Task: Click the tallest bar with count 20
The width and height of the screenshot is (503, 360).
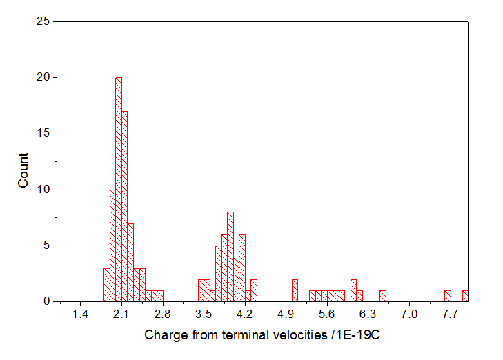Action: (x=119, y=190)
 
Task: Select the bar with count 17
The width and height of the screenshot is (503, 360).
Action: (x=124, y=206)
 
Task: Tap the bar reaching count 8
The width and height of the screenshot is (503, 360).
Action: (x=230, y=257)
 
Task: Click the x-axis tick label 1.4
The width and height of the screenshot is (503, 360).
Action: (x=81, y=314)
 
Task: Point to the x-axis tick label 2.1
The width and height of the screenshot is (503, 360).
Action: (x=121, y=314)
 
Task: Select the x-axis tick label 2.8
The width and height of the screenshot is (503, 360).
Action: (x=163, y=314)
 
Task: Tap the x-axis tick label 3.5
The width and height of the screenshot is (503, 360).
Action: (x=204, y=314)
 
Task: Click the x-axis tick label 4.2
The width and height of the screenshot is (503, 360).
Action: (x=245, y=314)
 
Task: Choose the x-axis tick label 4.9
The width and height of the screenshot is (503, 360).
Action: (x=286, y=314)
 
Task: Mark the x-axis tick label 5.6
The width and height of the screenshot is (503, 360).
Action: (x=327, y=314)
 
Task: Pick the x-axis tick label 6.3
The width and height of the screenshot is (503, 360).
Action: (x=368, y=314)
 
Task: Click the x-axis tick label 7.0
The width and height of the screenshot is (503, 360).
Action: (x=409, y=314)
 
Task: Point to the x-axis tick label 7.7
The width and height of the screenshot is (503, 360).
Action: (x=450, y=314)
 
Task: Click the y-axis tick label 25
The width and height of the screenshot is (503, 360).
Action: (x=42, y=21)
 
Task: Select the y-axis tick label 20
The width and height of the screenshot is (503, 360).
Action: (x=42, y=77)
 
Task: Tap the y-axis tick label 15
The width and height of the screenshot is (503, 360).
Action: (x=42, y=133)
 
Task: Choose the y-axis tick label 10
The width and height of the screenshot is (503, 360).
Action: (x=42, y=190)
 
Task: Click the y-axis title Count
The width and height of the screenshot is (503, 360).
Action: (x=23, y=170)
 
